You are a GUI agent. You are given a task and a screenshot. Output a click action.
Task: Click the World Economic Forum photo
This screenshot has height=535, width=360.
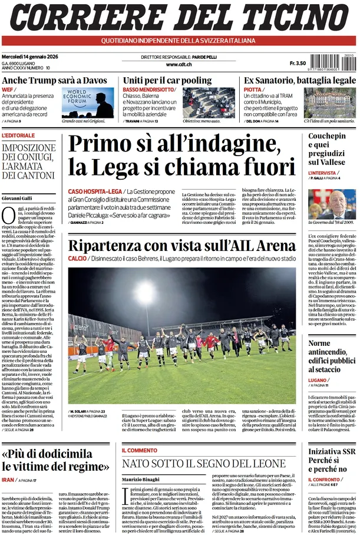pyautogui.click(x=88, y=103)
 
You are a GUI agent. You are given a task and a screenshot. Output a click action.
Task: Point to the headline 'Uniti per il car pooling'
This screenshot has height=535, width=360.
pyautogui.click(x=167, y=81)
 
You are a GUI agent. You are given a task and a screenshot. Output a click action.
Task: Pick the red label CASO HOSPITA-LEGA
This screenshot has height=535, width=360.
pyautogui.click(x=95, y=191)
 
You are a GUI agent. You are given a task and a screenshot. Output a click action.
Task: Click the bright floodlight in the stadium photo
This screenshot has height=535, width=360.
pyautogui.click(x=145, y=293)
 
